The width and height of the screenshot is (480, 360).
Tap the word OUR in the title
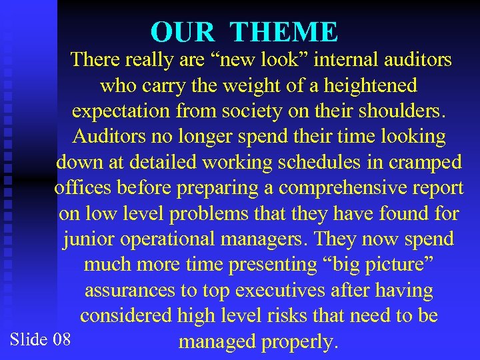pyautogui.click(x=183, y=32)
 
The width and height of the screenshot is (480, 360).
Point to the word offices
pyautogui.click(x=85, y=188)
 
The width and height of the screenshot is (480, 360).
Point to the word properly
pyautogui.click(x=299, y=341)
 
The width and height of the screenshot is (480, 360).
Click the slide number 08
pyautogui.click(x=61, y=339)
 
